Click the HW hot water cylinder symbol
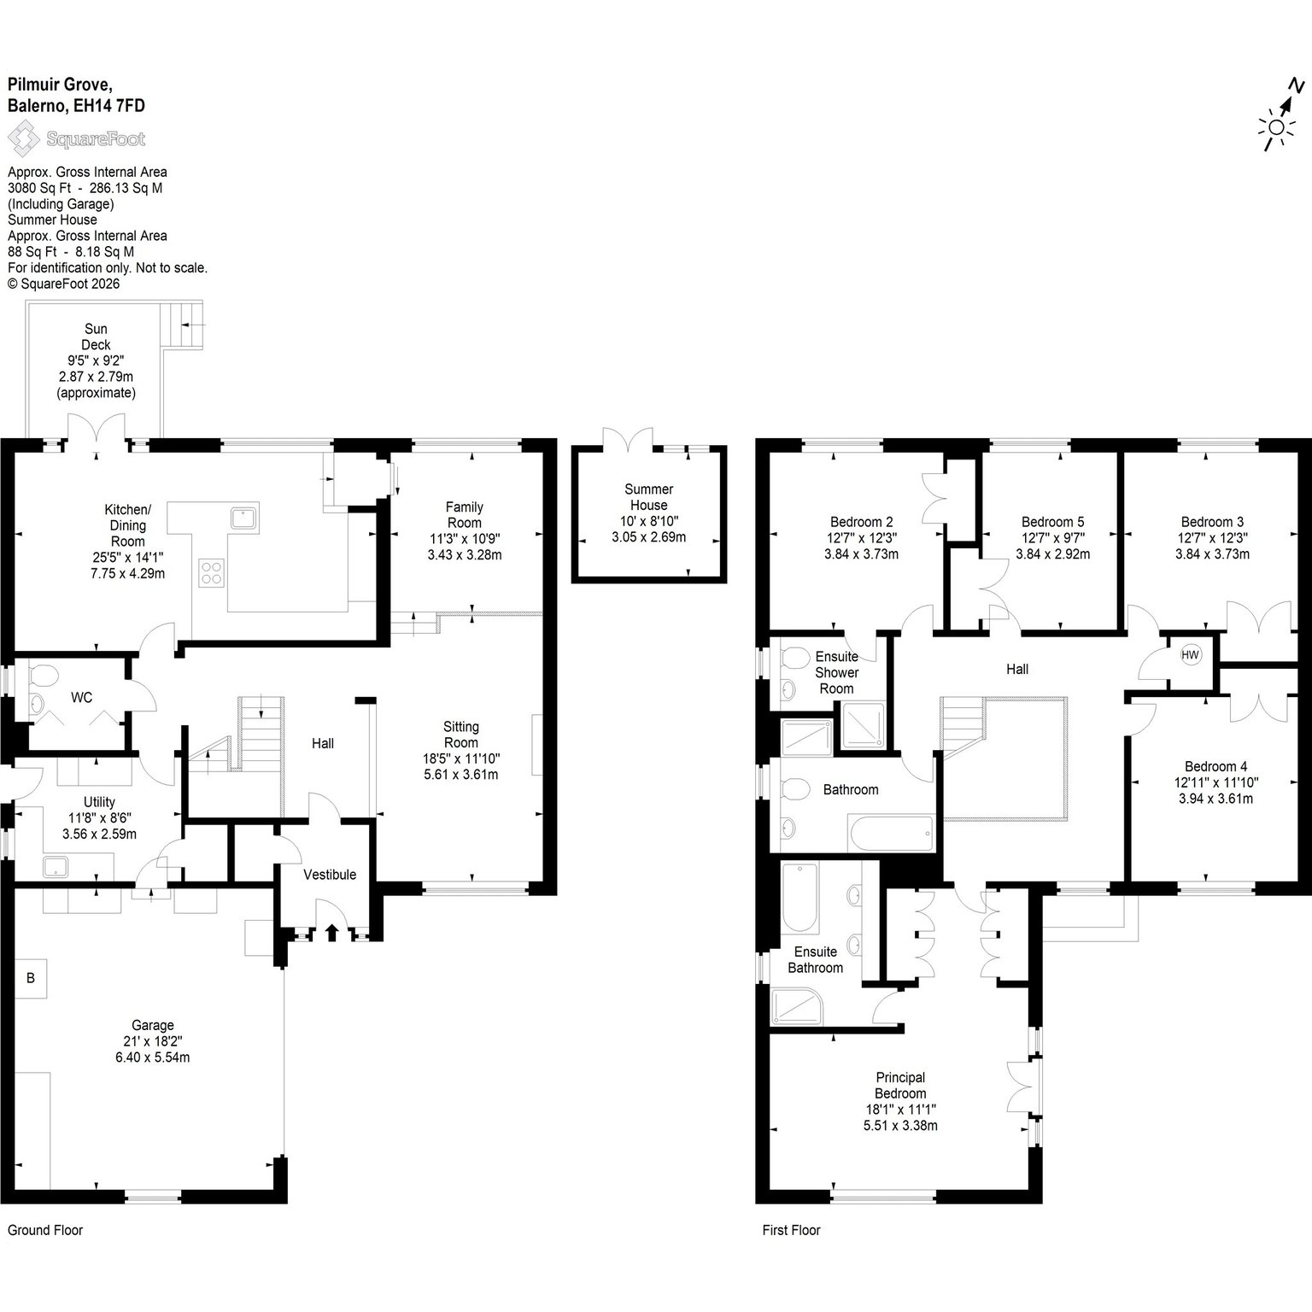coord(1190,655)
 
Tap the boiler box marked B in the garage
coord(31,978)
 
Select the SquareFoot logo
coord(76,138)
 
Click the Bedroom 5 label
coord(1052,522)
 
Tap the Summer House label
coord(648,497)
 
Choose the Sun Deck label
coord(96,337)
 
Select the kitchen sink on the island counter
coord(243,517)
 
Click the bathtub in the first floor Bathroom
coord(890,832)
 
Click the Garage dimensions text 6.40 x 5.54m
coord(153,1057)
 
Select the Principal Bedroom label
coord(900,1086)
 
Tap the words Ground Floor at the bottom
coord(45,1230)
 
